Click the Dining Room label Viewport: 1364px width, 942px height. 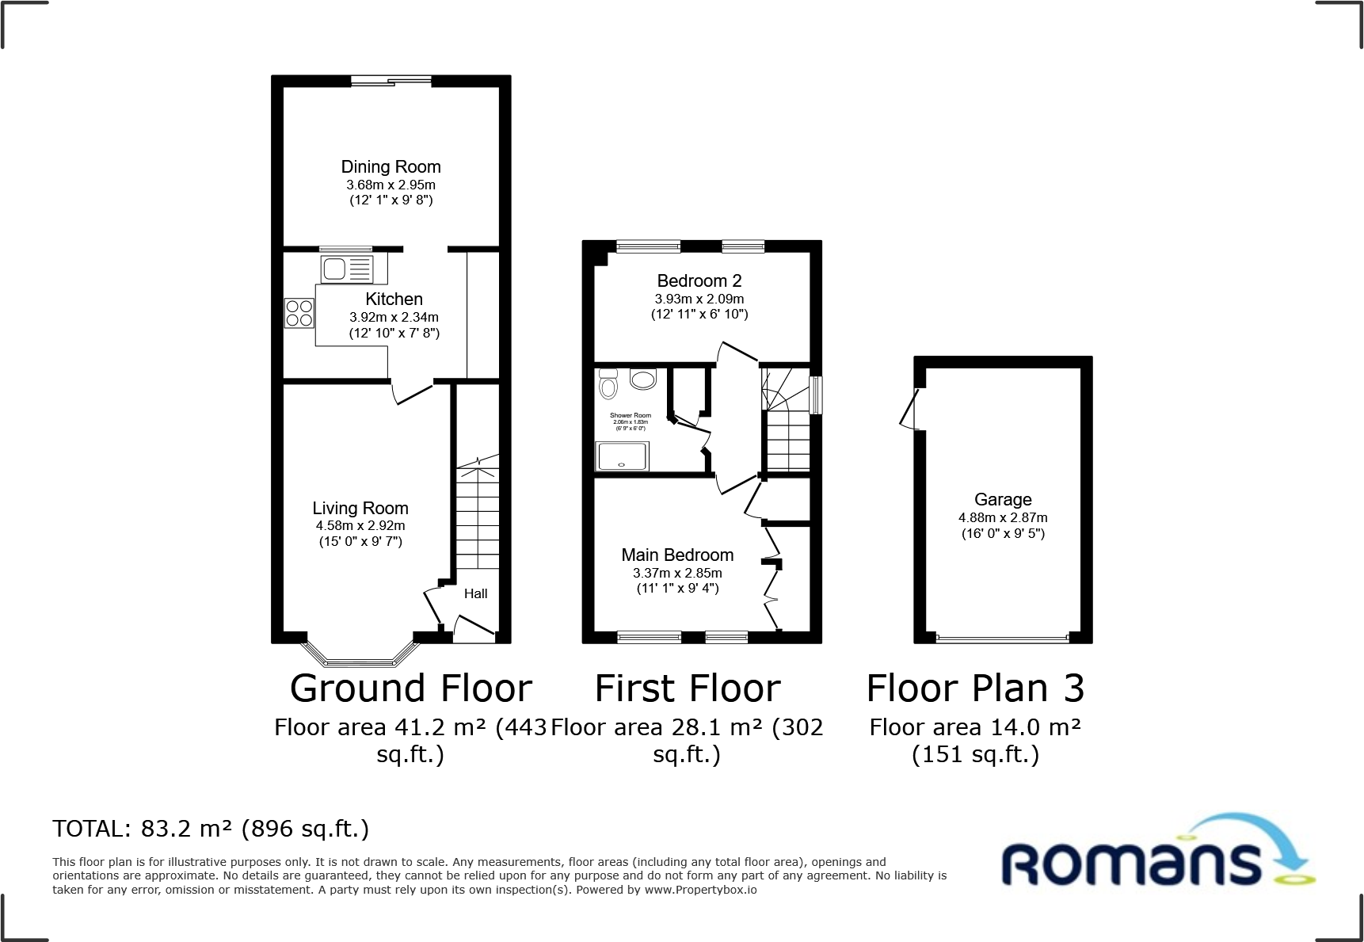391,167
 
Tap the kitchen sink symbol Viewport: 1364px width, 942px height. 347,269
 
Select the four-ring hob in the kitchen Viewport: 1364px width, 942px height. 299,313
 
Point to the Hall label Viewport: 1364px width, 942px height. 475,593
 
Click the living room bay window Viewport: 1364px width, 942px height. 360,657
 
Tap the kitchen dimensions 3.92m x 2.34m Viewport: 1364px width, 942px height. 394,317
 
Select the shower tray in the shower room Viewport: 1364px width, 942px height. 622,456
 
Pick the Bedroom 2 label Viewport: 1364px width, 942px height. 699,281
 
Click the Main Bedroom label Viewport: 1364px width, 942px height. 677,555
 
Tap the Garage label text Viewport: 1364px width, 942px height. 1002,500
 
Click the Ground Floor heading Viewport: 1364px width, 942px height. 410,688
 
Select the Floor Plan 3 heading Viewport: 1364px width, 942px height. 974,688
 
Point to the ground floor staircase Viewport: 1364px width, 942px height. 478,515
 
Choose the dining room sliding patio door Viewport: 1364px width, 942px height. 391,81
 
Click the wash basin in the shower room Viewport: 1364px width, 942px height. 643,379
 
